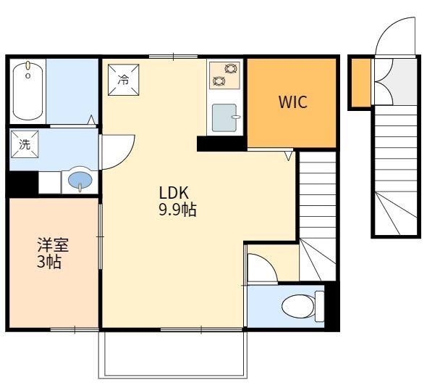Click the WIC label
pyautogui.click(x=292, y=102)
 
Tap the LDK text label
pyautogui.click(x=174, y=193)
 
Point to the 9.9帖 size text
pyautogui.click(x=177, y=210)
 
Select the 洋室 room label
pyautogui.click(x=53, y=244)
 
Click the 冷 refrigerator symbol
pyautogui.click(x=123, y=80)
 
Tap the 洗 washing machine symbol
pyautogui.click(x=25, y=144)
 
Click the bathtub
pyautogui.click(x=28, y=91)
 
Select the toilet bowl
pyautogui.click(x=298, y=307)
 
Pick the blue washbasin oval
pyautogui.click(x=80, y=181)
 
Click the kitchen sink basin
pyautogui.click(x=224, y=117)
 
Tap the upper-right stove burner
pyautogui.click(x=230, y=68)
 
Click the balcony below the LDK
pyautogui.click(x=173, y=355)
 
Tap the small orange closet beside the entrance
pyautogui.click(x=361, y=83)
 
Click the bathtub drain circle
pyautogui.click(x=28, y=75)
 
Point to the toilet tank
pyautogui.click(x=319, y=307)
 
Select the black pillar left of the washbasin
pyautogui.click(x=23, y=183)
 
